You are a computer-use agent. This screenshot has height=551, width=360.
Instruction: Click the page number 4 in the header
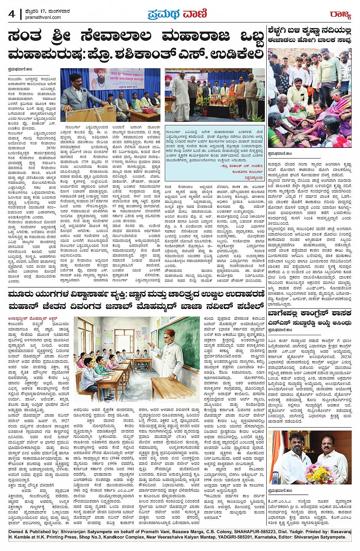(11, 14)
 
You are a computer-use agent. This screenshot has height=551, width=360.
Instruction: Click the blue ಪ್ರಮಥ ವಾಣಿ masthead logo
(177, 14)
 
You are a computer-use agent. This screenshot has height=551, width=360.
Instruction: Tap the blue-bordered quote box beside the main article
(214, 151)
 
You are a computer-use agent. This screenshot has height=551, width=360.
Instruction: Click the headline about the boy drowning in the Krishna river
(309, 35)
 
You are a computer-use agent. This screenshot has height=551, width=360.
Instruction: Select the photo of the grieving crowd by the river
(309, 98)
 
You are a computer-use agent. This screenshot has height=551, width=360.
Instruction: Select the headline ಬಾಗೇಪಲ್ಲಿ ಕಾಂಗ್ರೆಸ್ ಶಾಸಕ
(309, 314)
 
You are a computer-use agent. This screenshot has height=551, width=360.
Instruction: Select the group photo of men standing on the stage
(214, 95)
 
